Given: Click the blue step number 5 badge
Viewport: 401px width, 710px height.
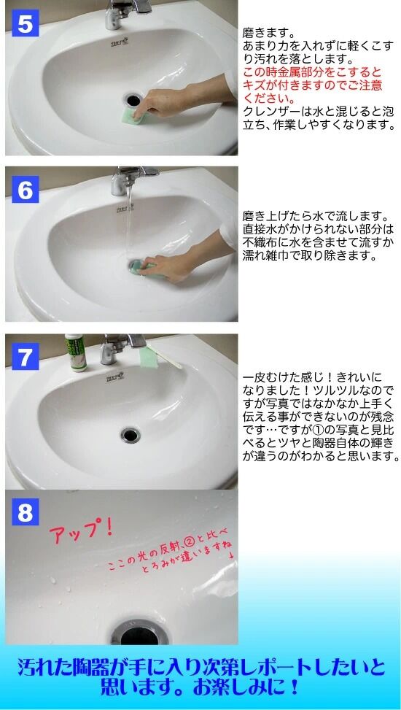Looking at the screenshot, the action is pos(26,24).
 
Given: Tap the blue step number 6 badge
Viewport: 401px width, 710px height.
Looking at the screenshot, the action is pos(26,190).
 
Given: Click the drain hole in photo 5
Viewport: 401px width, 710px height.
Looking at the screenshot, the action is pos(133,99).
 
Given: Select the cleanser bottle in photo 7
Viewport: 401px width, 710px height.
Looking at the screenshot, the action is pos(76,352).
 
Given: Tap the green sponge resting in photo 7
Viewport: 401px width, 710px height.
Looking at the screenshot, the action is pos(149,356).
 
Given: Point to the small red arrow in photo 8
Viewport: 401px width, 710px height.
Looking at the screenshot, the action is pos(231,556).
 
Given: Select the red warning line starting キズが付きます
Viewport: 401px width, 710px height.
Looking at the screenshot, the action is pos(313,85).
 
